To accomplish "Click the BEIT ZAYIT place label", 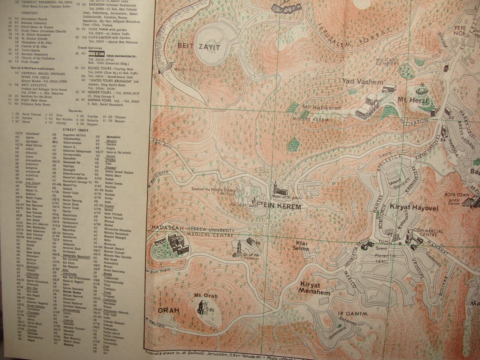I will tap(199, 47).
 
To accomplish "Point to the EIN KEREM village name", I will tap(282, 207).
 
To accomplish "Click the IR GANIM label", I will tap(353, 314).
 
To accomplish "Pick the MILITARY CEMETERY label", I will tap(387, 61).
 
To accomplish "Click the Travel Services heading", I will tap(90, 48).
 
